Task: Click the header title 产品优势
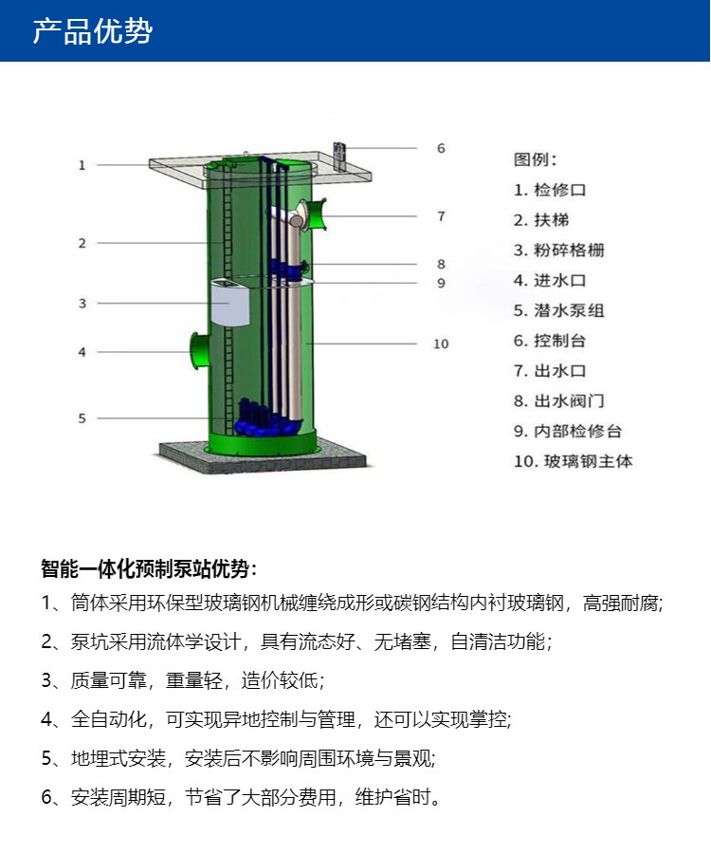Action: click(93, 30)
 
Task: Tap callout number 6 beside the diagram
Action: click(441, 148)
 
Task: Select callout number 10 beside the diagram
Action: click(441, 343)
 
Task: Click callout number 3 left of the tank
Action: click(82, 304)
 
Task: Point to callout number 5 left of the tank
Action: click(82, 418)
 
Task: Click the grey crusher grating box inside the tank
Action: click(230, 303)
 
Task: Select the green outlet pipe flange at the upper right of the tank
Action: click(315, 214)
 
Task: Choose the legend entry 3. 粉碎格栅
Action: click(559, 250)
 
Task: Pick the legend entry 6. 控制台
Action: click(550, 341)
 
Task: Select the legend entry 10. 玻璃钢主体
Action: click(574, 461)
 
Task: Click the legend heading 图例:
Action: click(536, 159)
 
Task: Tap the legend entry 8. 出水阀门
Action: click(559, 400)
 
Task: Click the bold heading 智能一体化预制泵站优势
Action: click(145, 568)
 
